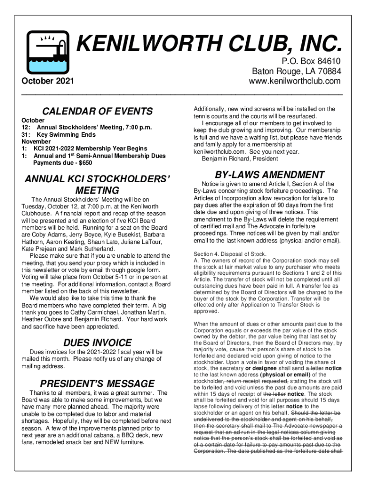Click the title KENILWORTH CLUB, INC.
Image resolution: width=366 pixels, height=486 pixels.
tap(209, 46)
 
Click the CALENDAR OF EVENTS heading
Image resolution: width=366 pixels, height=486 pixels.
tap(98, 111)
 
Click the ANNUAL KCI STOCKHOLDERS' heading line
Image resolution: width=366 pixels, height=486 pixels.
tap(97, 179)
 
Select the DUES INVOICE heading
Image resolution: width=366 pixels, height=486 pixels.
tap(97, 342)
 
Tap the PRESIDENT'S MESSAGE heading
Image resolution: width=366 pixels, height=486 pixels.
tap(97, 383)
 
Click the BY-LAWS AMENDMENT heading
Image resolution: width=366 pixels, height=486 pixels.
tap(270, 174)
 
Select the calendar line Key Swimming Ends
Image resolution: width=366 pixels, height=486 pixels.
tap(66, 134)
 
